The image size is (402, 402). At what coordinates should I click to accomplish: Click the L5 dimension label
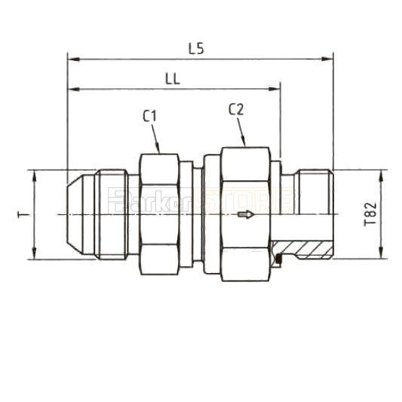click(196, 48)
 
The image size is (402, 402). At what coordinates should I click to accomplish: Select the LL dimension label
click(173, 78)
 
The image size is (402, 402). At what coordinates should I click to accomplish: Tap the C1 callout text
click(149, 115)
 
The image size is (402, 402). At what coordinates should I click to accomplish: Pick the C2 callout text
click(236, 109)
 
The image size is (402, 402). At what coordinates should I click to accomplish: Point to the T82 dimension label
click(369, 214)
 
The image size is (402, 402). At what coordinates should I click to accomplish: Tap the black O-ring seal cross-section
click(278, 260)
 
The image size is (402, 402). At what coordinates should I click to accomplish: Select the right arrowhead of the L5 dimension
click(329, 57)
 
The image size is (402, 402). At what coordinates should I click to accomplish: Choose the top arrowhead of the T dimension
click(35, 173)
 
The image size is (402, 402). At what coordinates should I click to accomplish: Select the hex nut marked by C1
click(159, 215)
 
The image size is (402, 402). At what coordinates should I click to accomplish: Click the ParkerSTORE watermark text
click(201, 201)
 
